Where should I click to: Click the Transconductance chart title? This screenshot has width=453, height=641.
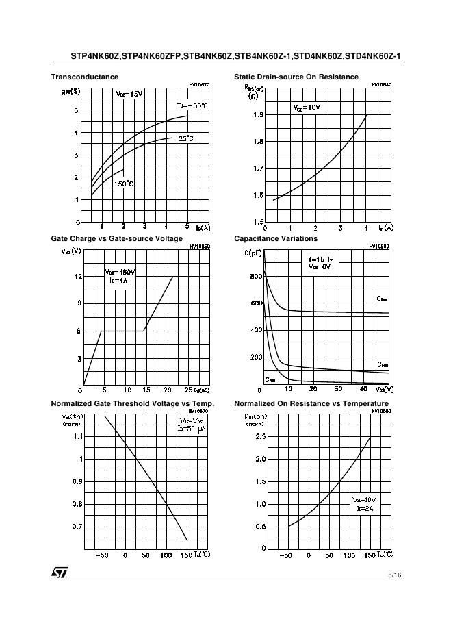click(x=84, y=77)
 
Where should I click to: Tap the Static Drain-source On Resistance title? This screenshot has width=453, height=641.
click(x=296, y=77)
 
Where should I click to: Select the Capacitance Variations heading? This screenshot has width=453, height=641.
click(x=276, y=238)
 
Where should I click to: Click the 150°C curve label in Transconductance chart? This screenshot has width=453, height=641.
click(x=124, y=184)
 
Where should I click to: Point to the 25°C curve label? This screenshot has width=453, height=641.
click(x=186, y=138)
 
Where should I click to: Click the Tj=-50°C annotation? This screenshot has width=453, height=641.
click(x=192, y=105)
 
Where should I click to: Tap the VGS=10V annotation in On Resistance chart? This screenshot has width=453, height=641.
click(x=307, y=108)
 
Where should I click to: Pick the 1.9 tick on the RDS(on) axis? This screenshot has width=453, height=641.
click(x=258, y=115)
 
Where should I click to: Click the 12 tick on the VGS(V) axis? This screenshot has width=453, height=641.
click(x=78, y=277)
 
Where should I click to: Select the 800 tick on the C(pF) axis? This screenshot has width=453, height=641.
click(x=256, y=277)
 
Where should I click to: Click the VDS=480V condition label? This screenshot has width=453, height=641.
click(x=120, y=272)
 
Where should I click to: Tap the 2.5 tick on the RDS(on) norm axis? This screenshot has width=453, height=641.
click(x=260, y=436)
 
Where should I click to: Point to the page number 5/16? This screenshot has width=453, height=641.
click(x=394, y=576)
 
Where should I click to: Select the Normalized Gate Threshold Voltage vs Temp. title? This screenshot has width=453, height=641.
click(x=133, y=403)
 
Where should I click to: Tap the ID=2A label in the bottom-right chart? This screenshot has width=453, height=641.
click(x=363, y=509)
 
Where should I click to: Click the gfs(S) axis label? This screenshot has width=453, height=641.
click(x=70, y=91)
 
